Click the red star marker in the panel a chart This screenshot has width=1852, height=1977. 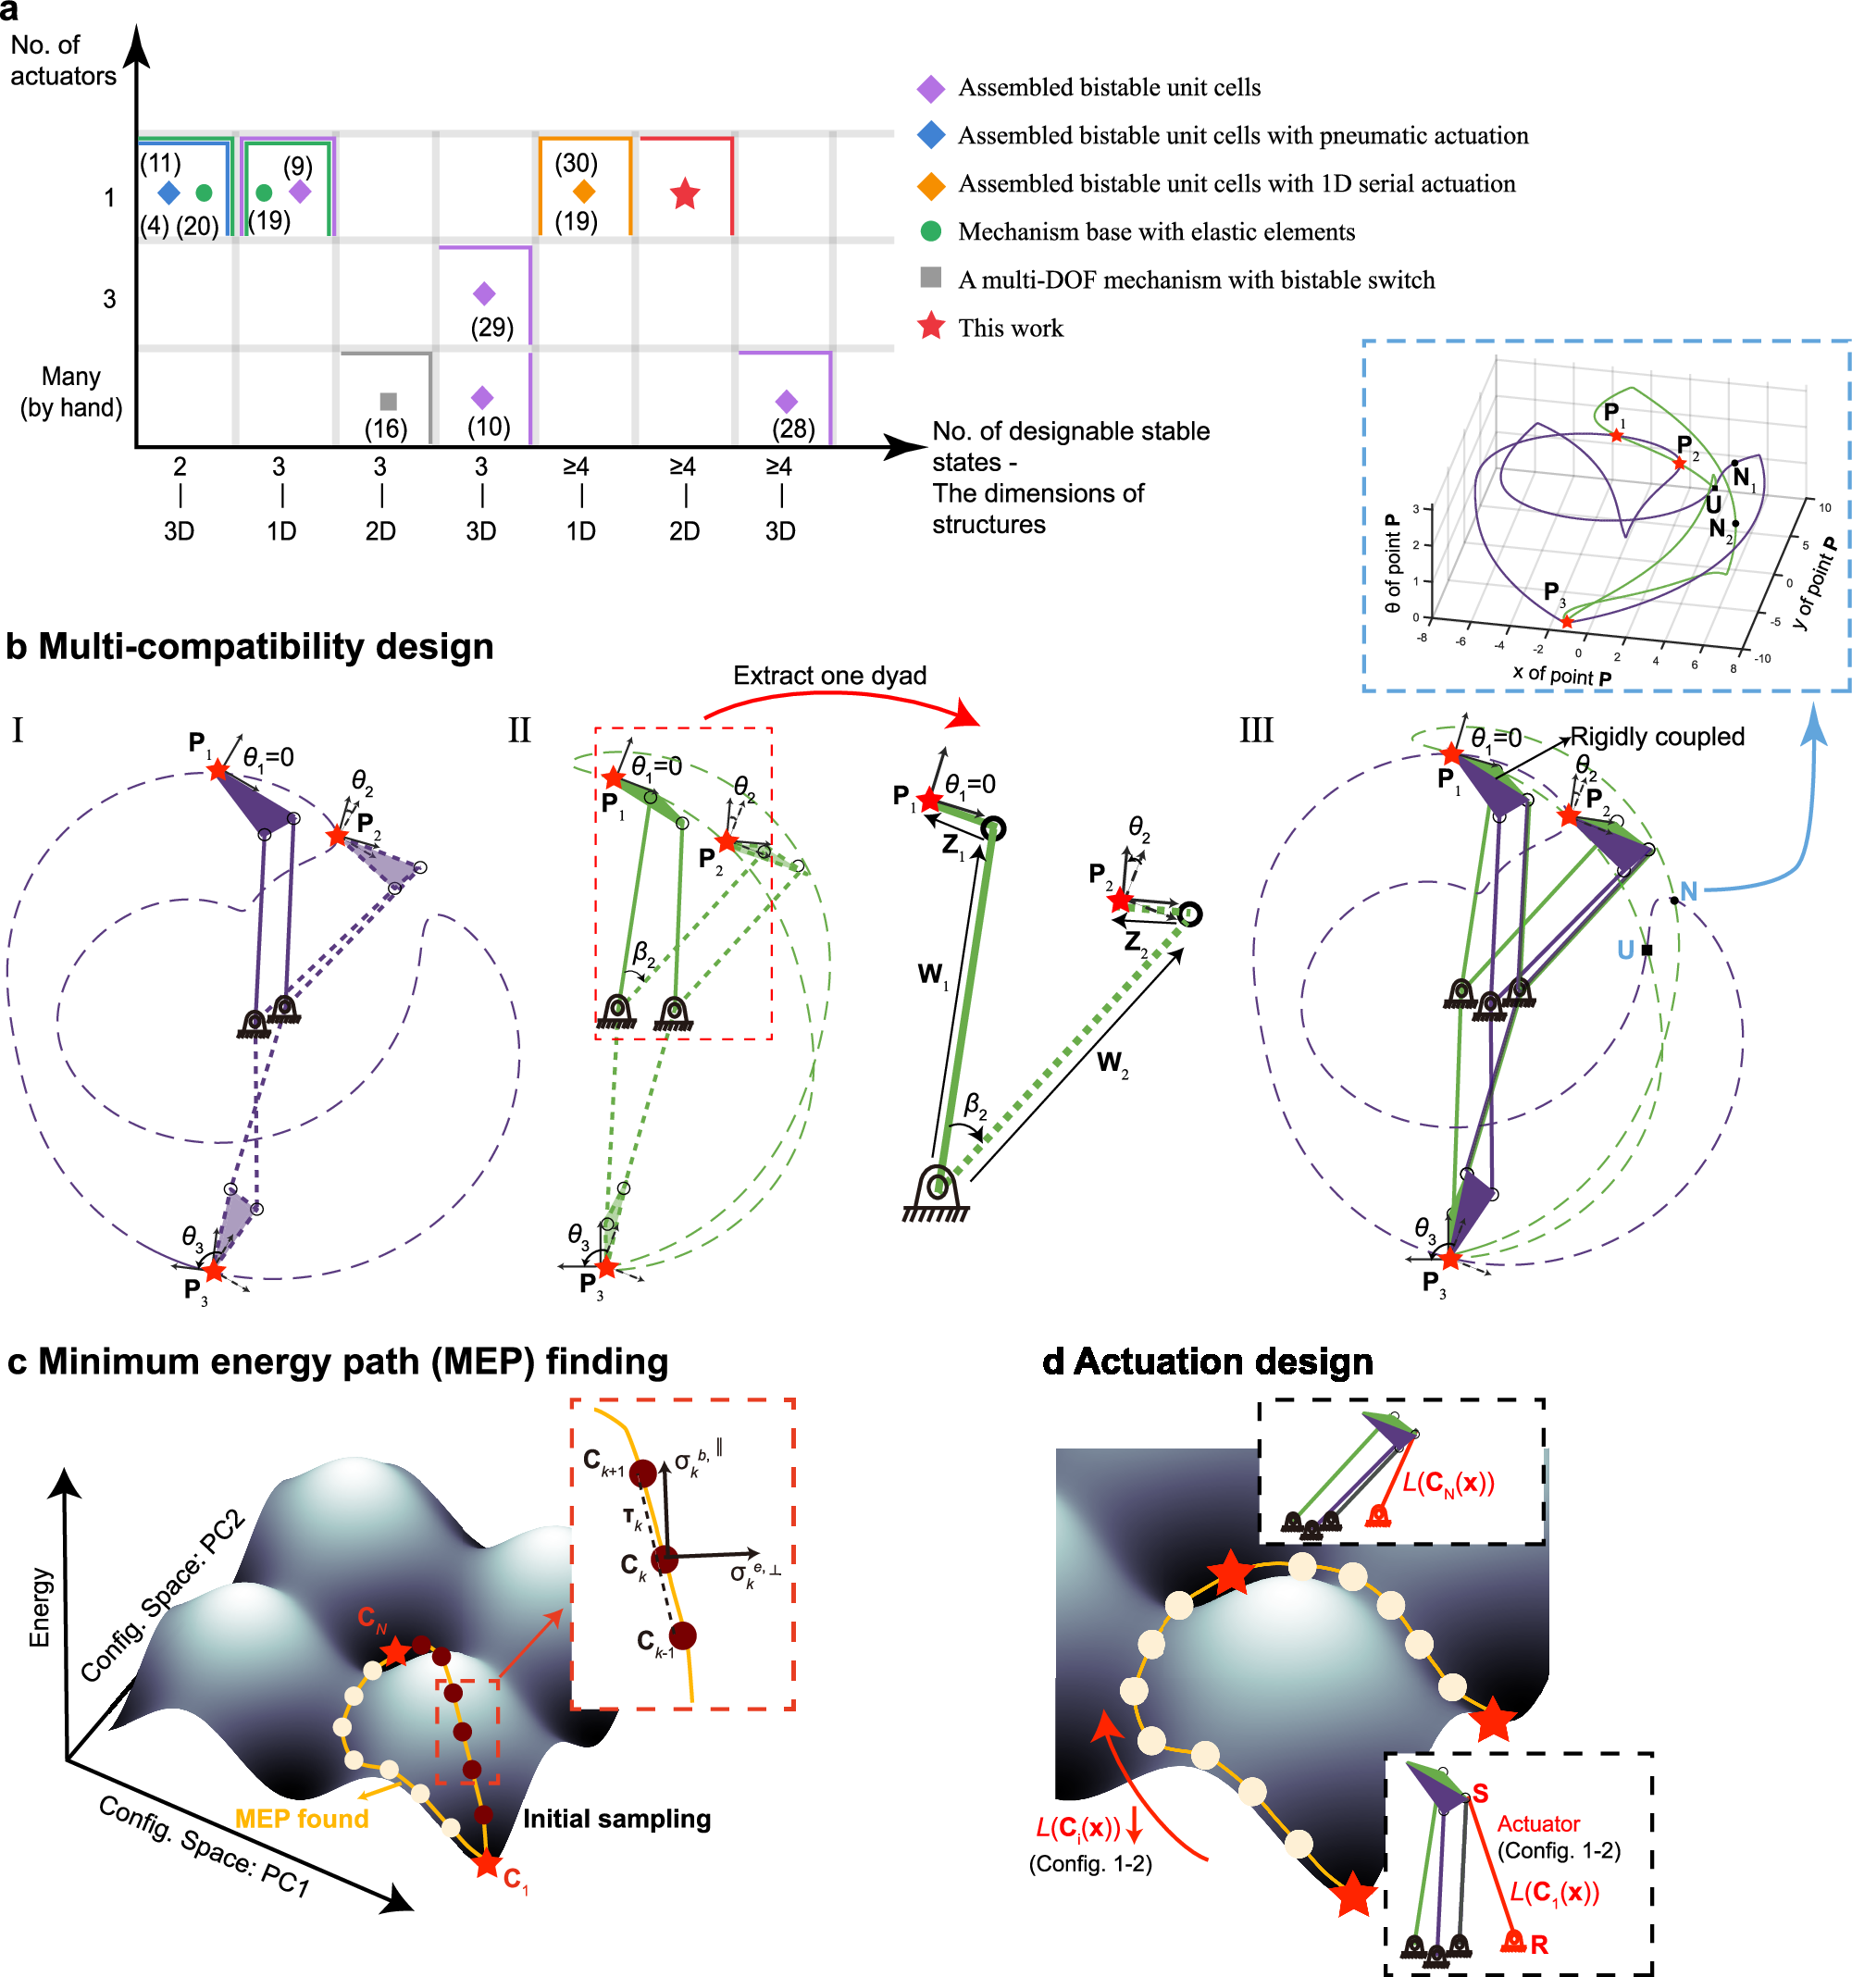683,194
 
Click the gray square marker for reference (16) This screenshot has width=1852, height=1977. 388,401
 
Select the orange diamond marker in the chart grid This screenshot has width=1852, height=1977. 584,191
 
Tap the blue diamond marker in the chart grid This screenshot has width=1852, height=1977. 169,192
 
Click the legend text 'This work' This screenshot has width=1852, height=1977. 1010,329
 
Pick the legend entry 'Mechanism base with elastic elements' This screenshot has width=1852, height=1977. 1155,231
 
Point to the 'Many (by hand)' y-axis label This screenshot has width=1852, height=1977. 70,392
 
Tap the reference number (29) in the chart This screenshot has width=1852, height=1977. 491,327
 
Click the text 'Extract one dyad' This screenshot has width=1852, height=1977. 828,676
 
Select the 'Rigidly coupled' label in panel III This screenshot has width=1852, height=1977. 1656,736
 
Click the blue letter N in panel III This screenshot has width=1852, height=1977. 1688,891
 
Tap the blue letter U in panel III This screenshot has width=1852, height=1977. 1625,950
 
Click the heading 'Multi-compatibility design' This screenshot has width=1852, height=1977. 265,646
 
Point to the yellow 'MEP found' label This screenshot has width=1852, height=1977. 302,1818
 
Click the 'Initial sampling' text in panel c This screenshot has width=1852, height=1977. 615,1818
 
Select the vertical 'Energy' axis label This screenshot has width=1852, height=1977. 40,1607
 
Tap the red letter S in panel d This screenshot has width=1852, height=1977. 1480,1793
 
